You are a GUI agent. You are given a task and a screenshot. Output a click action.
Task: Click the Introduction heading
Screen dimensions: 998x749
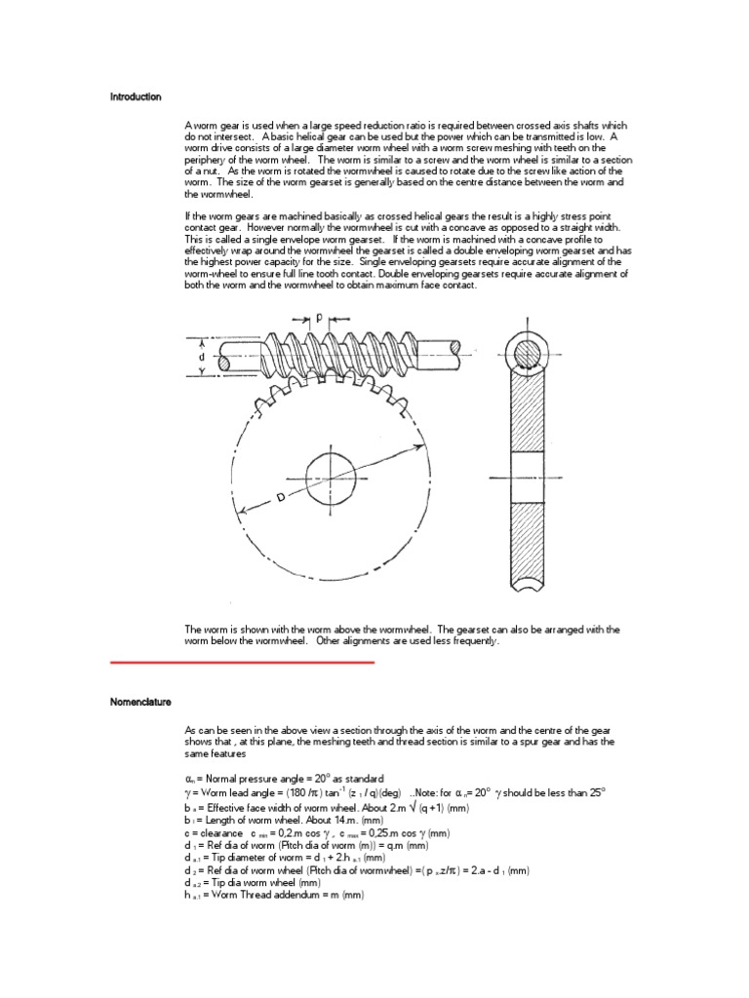tap(136, 97)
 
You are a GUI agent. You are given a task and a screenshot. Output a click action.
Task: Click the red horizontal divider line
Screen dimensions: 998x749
tap(243, 663)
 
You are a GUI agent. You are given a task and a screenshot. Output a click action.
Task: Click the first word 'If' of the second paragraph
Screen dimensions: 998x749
tap(187, 213)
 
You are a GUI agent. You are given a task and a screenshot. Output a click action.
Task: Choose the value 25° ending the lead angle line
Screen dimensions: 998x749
tap(596, 793)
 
